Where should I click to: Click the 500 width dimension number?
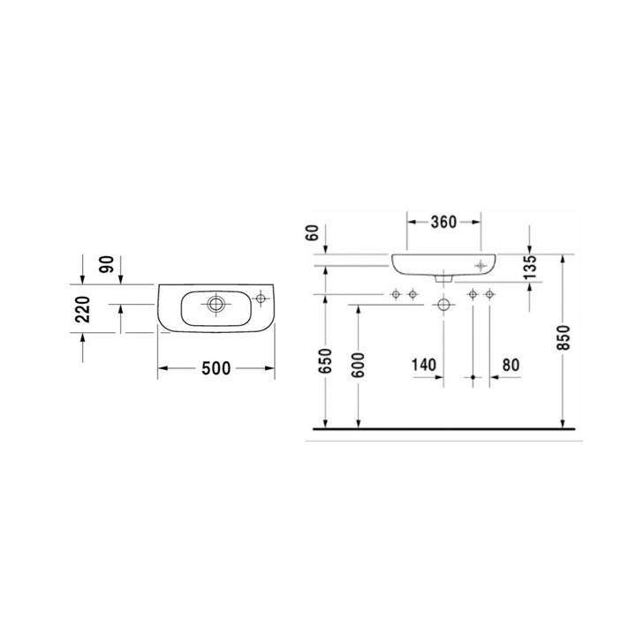pyautogui.click(x=216, y=369)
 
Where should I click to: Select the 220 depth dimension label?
pyautogui.click(x=82, y=310)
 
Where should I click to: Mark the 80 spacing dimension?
pyautogui.click(x=511, y=364)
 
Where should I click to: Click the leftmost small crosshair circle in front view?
pyautogui.click(x=397, y=293)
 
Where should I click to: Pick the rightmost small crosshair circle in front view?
pyautogui.click(x=488, y=293)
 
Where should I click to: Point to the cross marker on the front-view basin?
pyautogui.click(x=481, y=264)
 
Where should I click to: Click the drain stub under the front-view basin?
pyautogui.click(x=443, y=277)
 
